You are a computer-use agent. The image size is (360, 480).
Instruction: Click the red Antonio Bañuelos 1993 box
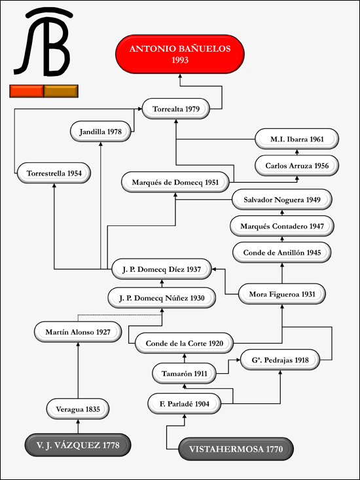tap(180, 54)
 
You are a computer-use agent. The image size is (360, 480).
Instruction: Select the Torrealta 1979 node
tap(176, 109)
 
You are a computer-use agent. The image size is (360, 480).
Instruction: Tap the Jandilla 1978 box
tap(101, 132)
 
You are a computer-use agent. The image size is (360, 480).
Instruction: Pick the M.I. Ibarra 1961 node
tap(297, 139)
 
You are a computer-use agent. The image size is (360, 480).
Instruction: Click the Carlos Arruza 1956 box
tap(297, 166)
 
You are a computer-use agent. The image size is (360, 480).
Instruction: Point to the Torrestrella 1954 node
tap(54, 174)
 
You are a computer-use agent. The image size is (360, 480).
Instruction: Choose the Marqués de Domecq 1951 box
tap(175, 182)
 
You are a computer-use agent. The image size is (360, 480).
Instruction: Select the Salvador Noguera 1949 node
tap(282, 200)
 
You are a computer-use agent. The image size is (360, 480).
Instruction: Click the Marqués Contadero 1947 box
tap(282, 226)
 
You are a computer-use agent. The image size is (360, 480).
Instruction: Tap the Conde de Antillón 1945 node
tap(282, 253)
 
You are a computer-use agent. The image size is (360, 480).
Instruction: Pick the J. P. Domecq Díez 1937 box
tap(162, 269)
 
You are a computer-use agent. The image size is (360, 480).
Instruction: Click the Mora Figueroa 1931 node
tap(282, 294)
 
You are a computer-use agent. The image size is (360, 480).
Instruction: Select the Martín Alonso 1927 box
tap(78, 332)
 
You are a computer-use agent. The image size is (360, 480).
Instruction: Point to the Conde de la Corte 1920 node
tap(185, 343)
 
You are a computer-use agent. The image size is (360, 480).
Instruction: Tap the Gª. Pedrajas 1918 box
tap(280, 360)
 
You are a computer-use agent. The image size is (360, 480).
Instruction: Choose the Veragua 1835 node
tap(78, 409)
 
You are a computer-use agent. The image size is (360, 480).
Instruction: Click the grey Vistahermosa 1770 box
tap(236, 449)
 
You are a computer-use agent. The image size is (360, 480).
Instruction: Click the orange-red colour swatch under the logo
tap(27, 91)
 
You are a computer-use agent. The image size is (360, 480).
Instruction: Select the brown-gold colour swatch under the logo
tap(61, 91)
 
